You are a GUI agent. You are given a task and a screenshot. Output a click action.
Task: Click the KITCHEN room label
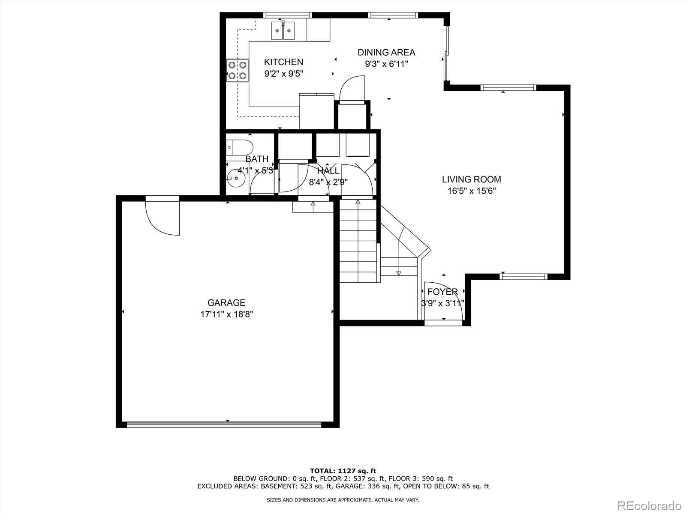(283, 62)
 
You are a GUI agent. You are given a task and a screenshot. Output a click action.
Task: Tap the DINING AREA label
(386, 52)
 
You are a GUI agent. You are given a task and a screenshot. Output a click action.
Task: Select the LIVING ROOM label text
(471, 179)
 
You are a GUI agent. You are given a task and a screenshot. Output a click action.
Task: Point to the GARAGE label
(226, 302)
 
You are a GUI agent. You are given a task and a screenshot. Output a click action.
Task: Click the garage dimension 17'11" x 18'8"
(226, 314)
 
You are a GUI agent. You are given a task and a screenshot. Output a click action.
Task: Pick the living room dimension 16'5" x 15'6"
(472, 191)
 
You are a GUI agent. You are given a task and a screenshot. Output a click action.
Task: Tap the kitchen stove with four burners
(238, 70)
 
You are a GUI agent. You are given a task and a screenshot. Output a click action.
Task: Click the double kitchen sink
(283, 30)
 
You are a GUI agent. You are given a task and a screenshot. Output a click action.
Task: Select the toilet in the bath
(239, 147)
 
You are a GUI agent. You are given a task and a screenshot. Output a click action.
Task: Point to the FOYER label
(442, 292)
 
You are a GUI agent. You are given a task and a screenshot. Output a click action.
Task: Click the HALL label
(328, 171)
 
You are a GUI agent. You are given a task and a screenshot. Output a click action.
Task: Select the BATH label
(257, 159)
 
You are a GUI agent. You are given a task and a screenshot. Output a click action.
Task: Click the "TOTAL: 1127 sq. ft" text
(343, 471)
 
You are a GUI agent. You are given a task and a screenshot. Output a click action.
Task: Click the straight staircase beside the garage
(358, 241)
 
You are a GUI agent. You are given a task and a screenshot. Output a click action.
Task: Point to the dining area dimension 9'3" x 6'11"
(387, 64)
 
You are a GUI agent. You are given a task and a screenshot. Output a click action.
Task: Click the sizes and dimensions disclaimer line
(343, 499)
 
